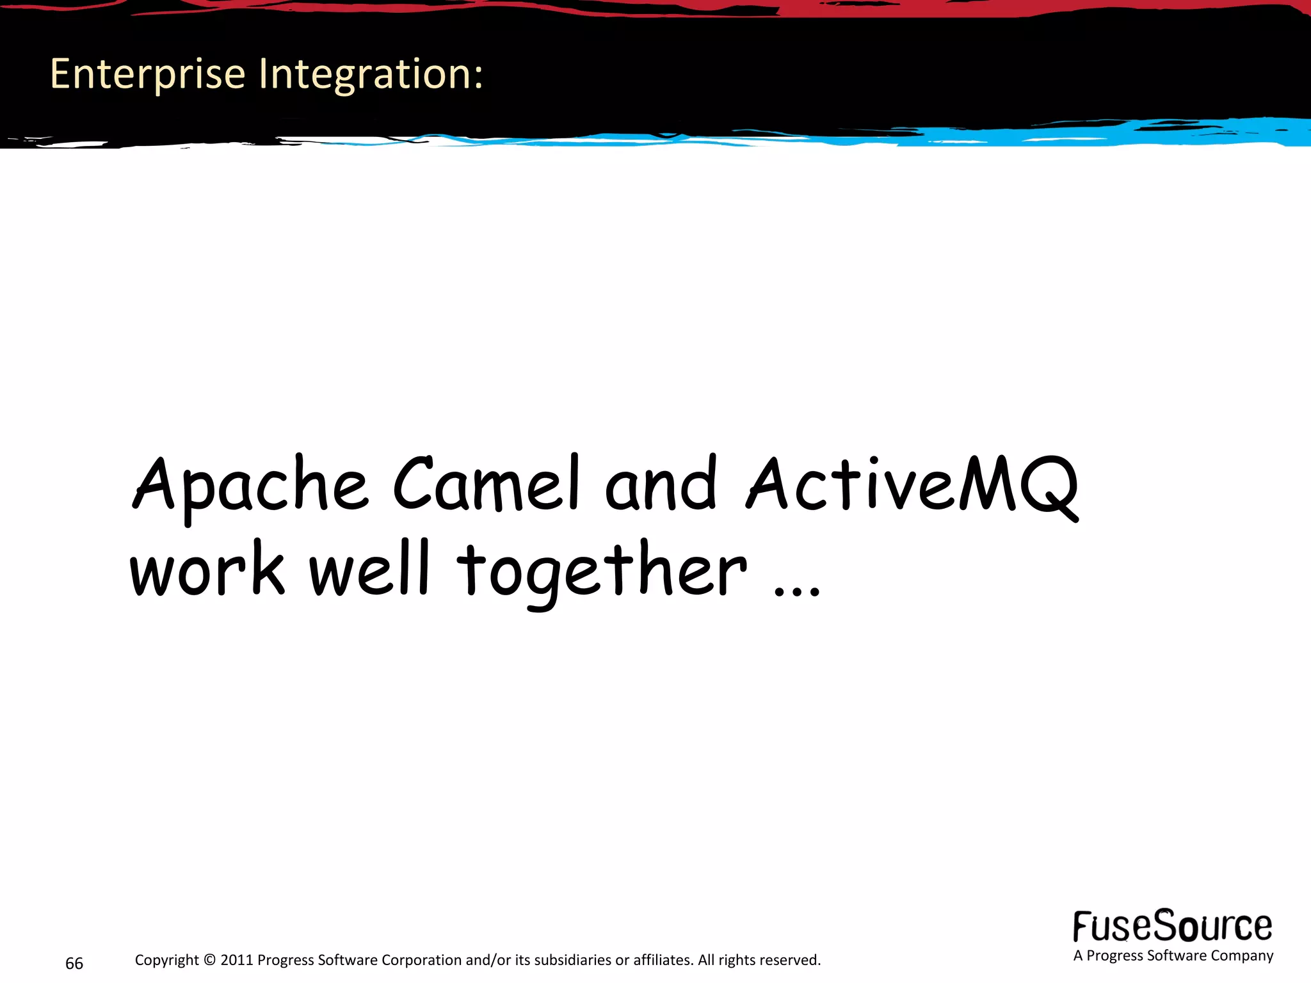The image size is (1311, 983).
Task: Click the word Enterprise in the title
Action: (148, 74)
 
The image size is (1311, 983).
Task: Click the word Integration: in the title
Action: (371, 74)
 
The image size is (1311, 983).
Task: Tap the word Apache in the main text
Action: (250, 486)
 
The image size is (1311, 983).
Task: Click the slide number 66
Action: (74, 963)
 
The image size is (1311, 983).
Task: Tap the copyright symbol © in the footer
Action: (210, 960)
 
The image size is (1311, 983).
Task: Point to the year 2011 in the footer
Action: (237, 960)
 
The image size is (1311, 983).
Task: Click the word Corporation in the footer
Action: (422, 960)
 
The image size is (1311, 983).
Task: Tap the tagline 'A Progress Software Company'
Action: (1173, 955)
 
